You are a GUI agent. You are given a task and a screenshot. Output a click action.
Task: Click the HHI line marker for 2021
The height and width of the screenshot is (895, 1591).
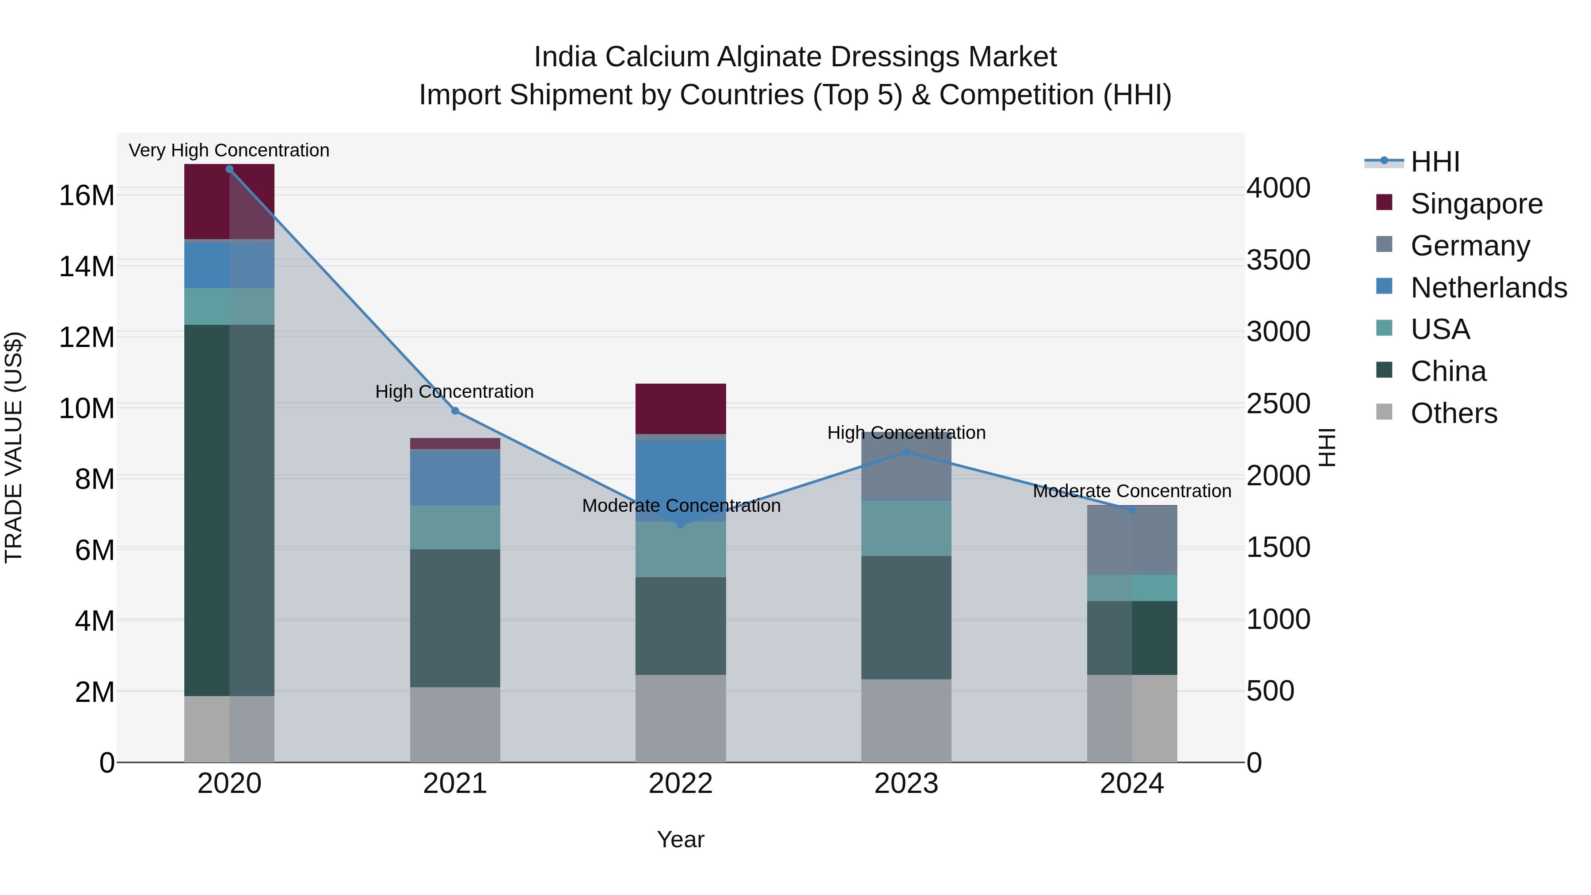click(x=455, y=411)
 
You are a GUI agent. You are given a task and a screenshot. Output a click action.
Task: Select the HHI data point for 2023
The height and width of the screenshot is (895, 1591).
click(x=906, y=452)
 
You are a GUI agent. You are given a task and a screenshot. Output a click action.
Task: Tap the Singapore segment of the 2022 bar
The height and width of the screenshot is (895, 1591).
click(x=681, y=408)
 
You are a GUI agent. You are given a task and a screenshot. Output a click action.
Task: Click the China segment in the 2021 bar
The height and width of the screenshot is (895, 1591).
click(x=455, y=618)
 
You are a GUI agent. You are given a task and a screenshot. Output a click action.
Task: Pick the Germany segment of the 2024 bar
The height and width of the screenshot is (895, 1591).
click(x=1131, y=540)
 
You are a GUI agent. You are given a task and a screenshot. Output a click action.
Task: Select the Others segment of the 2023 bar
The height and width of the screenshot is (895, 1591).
click(x=906, y=720)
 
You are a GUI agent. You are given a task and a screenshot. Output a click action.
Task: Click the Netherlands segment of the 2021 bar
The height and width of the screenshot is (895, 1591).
click(x=455, y=477)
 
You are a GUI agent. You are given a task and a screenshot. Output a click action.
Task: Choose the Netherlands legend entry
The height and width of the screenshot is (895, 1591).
click(x=1488, y=288)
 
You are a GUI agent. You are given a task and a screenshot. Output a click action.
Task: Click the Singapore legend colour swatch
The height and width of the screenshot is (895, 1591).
click(x=1384, y=202)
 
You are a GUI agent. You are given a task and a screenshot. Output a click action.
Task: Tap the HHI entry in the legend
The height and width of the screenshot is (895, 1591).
click(x=1435, y=162)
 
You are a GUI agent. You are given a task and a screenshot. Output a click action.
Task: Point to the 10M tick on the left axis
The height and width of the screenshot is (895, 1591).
click(x=87, y=408)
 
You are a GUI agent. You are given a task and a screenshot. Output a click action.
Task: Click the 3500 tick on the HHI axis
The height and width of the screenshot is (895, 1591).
click(x=1278, y=260)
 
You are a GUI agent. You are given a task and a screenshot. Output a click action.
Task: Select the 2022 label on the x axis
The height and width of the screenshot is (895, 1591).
click(x=681, y=784)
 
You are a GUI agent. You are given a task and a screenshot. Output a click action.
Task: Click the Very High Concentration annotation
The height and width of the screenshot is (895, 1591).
click(x=229, y=150)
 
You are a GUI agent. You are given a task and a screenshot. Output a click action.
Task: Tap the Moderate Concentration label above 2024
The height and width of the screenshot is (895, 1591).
click(x=1131, y=491)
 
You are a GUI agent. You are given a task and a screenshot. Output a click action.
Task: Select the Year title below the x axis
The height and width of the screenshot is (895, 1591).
click(x=681, y=839)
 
